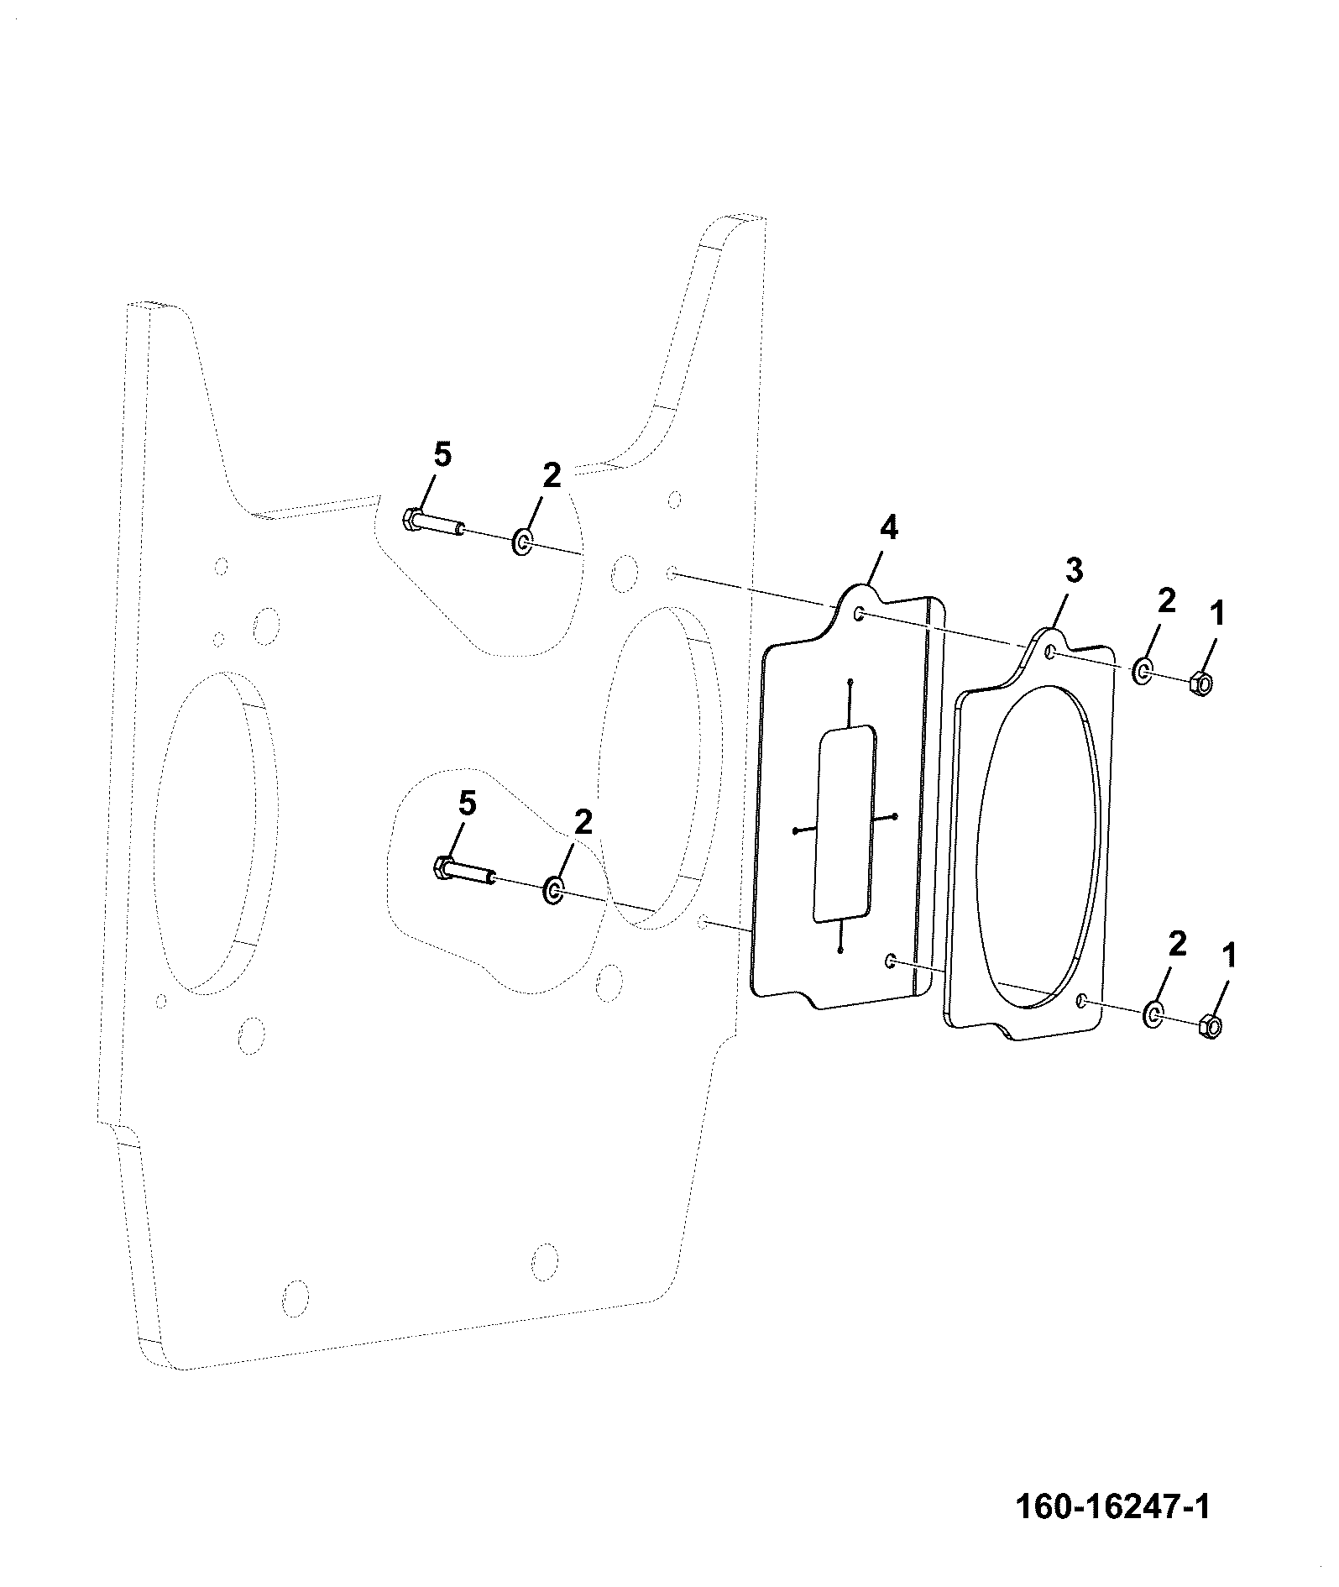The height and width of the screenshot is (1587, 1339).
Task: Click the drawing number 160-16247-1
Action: coord(1113,1506)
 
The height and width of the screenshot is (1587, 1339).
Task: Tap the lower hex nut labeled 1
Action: coord(1210,1025)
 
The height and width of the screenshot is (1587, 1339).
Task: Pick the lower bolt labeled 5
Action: coord(463,871)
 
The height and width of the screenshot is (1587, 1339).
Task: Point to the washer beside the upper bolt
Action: coord(522,542)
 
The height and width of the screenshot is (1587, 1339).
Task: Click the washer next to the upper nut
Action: coord(1143,670)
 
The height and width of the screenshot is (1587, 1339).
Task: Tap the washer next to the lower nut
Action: coord(1153,1014)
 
